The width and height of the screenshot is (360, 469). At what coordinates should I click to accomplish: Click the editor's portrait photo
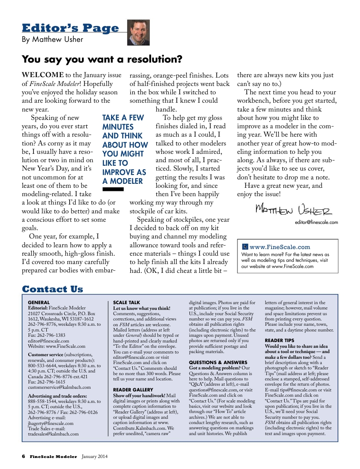point(138,33)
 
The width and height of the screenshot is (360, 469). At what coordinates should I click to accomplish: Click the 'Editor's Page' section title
point(71,28)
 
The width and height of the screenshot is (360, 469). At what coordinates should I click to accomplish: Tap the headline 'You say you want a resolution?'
point(102,59)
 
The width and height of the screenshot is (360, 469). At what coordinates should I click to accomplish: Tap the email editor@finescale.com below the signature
point(316,223)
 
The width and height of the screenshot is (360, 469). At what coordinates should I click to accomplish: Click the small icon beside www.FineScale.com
point(245,247)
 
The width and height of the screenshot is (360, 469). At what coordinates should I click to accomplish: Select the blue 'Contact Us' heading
point(52,289)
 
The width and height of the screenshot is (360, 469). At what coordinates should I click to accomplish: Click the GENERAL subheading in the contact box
point(38,303)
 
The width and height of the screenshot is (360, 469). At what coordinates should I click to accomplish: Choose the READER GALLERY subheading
point(133,390)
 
